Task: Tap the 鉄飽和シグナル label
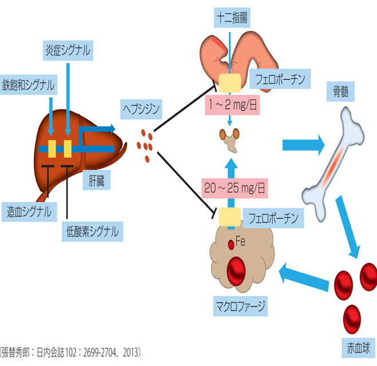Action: [x=29, y=85]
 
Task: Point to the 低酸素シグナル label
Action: [x=92, y=231]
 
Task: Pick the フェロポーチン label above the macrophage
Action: [x=273, y=217]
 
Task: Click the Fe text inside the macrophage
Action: [x=241, y=242]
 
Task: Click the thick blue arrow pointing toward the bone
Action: [x=303, y=145]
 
